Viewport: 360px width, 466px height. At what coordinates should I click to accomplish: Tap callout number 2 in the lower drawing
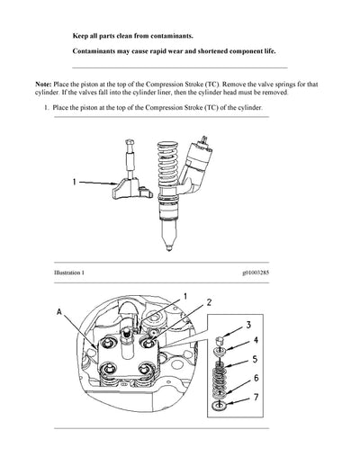pos(210,302)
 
